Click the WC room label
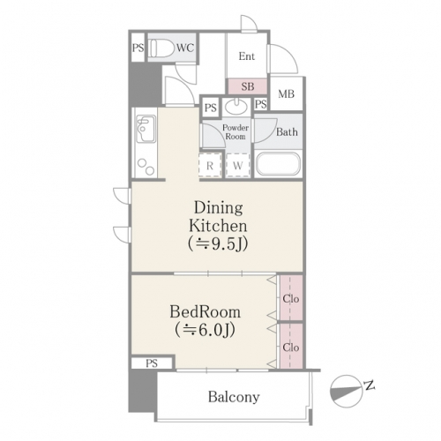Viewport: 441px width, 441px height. (185, 48)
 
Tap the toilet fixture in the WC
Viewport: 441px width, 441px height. (161, 48)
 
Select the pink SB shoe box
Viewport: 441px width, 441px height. (248, 86)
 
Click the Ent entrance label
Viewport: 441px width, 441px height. (247, 56)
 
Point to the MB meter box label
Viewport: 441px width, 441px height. (287, 94)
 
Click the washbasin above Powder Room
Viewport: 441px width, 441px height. (235, 107)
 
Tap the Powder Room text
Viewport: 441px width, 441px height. (235, 132)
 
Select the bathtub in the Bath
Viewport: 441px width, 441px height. (278, 164)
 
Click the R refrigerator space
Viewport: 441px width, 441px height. (210, 166)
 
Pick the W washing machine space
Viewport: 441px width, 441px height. (238, 166)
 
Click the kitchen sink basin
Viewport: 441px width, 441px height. (146, 129)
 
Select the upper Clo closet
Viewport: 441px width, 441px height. (291, 298)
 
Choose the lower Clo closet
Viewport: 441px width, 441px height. (291, 346)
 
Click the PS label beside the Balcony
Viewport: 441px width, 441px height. (152, 363)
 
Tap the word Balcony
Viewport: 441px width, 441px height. (234, 397)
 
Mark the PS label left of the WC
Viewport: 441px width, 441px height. (138, 48)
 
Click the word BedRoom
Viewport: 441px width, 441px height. (206, 312)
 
